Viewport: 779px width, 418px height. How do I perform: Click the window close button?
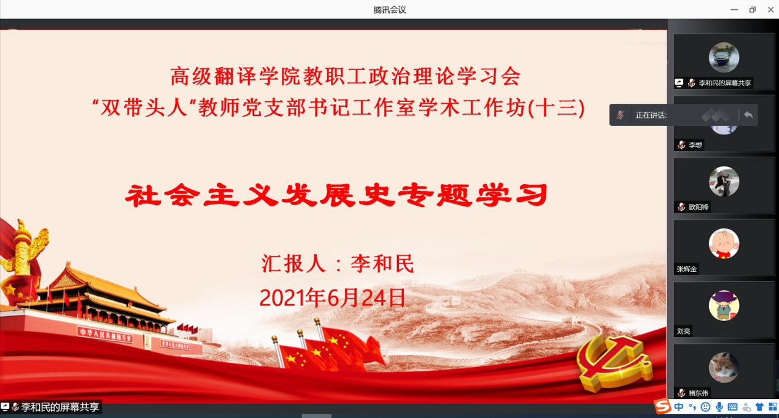pyautogui.click(x=770, y=10)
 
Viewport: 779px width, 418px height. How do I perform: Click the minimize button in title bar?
pyautogui.click(x=734, y=10)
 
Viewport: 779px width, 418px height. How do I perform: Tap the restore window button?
pyautogui.click(x=752, y=10)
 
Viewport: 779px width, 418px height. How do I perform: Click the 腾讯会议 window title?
pyautogui.click(x=389, y=10)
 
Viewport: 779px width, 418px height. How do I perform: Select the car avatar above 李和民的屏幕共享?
pyautogui.click(x=724, y=57)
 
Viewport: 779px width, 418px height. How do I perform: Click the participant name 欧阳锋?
pyautogui.click(x=699, y=207)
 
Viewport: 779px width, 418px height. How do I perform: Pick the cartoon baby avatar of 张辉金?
pyautogui.click(x=724, y=244)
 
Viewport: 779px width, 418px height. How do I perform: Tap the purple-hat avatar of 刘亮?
pyautogui.click(x=724, y=306)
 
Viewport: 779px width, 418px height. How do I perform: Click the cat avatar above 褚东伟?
pyautogui.click(x=724, y=368)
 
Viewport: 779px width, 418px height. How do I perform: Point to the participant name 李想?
pyautogui.click(x=696, y=145)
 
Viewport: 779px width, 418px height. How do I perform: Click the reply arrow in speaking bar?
pyautogui.click(x=748, y=115)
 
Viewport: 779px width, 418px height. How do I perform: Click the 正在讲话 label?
pyautogui.click(x=651, y=115)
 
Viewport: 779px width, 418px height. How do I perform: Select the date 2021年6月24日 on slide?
pyautogui.click(x=333, y=298)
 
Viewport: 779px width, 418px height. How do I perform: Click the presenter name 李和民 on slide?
pyautogui.click(x=382, y=263)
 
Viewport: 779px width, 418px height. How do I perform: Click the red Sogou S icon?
pyautogui.click(x=662, y=406)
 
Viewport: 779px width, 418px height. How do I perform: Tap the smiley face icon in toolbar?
pyautogui.click(x=705, y=406)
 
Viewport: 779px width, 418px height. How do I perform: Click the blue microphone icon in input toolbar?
pyautogui.click(x=719, y=406)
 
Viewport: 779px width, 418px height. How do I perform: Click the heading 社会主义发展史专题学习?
pyautogui.click(x=336, y=195)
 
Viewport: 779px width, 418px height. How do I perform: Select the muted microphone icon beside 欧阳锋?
pyautogui.click(x=681, y=207)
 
